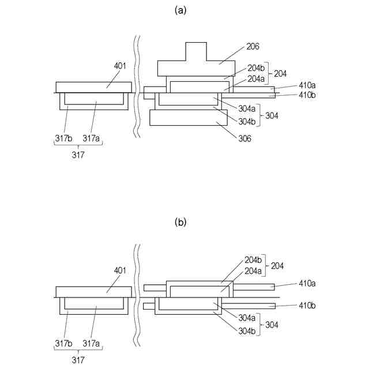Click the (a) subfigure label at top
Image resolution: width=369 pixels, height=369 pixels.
tap(184, 10)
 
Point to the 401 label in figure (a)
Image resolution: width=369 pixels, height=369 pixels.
tap(120, 66)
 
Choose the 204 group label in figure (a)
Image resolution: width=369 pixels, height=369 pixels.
tap(280, 74)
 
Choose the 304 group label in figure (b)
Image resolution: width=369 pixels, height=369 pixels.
tap(272, 325)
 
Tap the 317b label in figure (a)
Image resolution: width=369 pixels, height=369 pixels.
tap(63, 138)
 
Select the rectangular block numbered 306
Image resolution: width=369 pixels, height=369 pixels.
tap(184, 118)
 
